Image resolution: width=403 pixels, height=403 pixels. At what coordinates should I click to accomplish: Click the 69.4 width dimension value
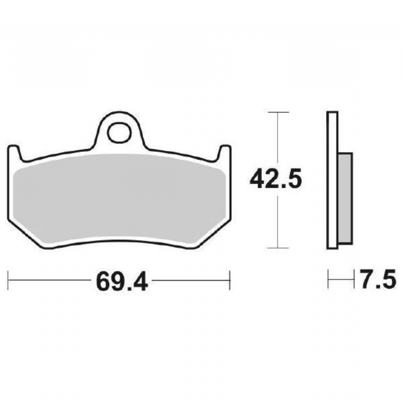pyautogui.click(x=122, y=281)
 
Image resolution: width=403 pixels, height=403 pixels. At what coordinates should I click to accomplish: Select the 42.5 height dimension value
pyautogui.click(x=276, y=179)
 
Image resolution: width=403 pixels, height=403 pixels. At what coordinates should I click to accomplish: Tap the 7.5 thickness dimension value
pyautogui.click(x=378, y=278)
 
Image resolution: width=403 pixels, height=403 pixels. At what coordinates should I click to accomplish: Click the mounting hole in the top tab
pyautogui.click(x=118, y=132)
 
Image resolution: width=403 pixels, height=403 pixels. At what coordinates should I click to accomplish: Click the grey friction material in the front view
pyautogui.click(x=120, y=198)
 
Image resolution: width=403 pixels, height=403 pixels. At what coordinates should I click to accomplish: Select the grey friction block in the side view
pyautogui.click(x=345, y=198)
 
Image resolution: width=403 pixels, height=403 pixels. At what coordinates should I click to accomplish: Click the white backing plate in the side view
pyautogui.click(x=332, y=180)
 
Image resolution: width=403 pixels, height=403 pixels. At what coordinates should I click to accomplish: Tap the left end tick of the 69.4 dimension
pyautogui.click(x=8, y=280)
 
